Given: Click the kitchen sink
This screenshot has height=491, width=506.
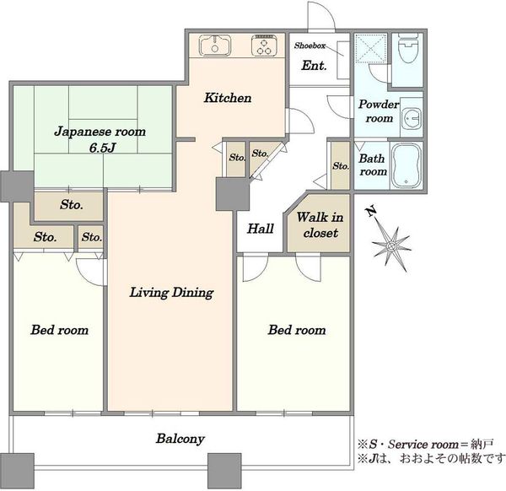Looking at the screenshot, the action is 215,46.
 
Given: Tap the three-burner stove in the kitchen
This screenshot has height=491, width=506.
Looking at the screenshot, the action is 263,45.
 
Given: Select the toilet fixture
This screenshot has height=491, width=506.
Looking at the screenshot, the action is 407,48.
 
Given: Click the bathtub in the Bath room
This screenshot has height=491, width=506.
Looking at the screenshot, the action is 406,165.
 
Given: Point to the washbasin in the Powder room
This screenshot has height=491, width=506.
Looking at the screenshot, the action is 412,118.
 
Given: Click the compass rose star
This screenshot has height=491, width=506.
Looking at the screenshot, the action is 391,247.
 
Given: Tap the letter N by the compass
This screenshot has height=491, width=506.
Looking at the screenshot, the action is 371,211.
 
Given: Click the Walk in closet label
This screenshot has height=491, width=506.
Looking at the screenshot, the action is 320,225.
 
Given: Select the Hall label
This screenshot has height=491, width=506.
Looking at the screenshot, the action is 261,229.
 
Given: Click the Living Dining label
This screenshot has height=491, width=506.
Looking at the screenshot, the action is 171,293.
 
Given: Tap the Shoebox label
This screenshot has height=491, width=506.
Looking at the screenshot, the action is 310,46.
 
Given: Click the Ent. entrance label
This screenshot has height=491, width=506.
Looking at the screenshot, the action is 314,66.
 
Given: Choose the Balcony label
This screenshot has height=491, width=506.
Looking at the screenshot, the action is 180,439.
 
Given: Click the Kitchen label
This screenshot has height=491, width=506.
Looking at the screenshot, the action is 228,98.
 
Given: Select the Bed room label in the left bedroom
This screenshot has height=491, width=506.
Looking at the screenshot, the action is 59,330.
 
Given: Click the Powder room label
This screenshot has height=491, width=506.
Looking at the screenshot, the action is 379,111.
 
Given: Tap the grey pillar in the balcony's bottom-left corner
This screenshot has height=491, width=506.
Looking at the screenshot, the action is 17,471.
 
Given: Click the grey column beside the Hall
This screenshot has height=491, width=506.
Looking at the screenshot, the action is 233,194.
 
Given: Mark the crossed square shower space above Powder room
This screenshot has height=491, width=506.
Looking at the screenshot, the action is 370,48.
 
